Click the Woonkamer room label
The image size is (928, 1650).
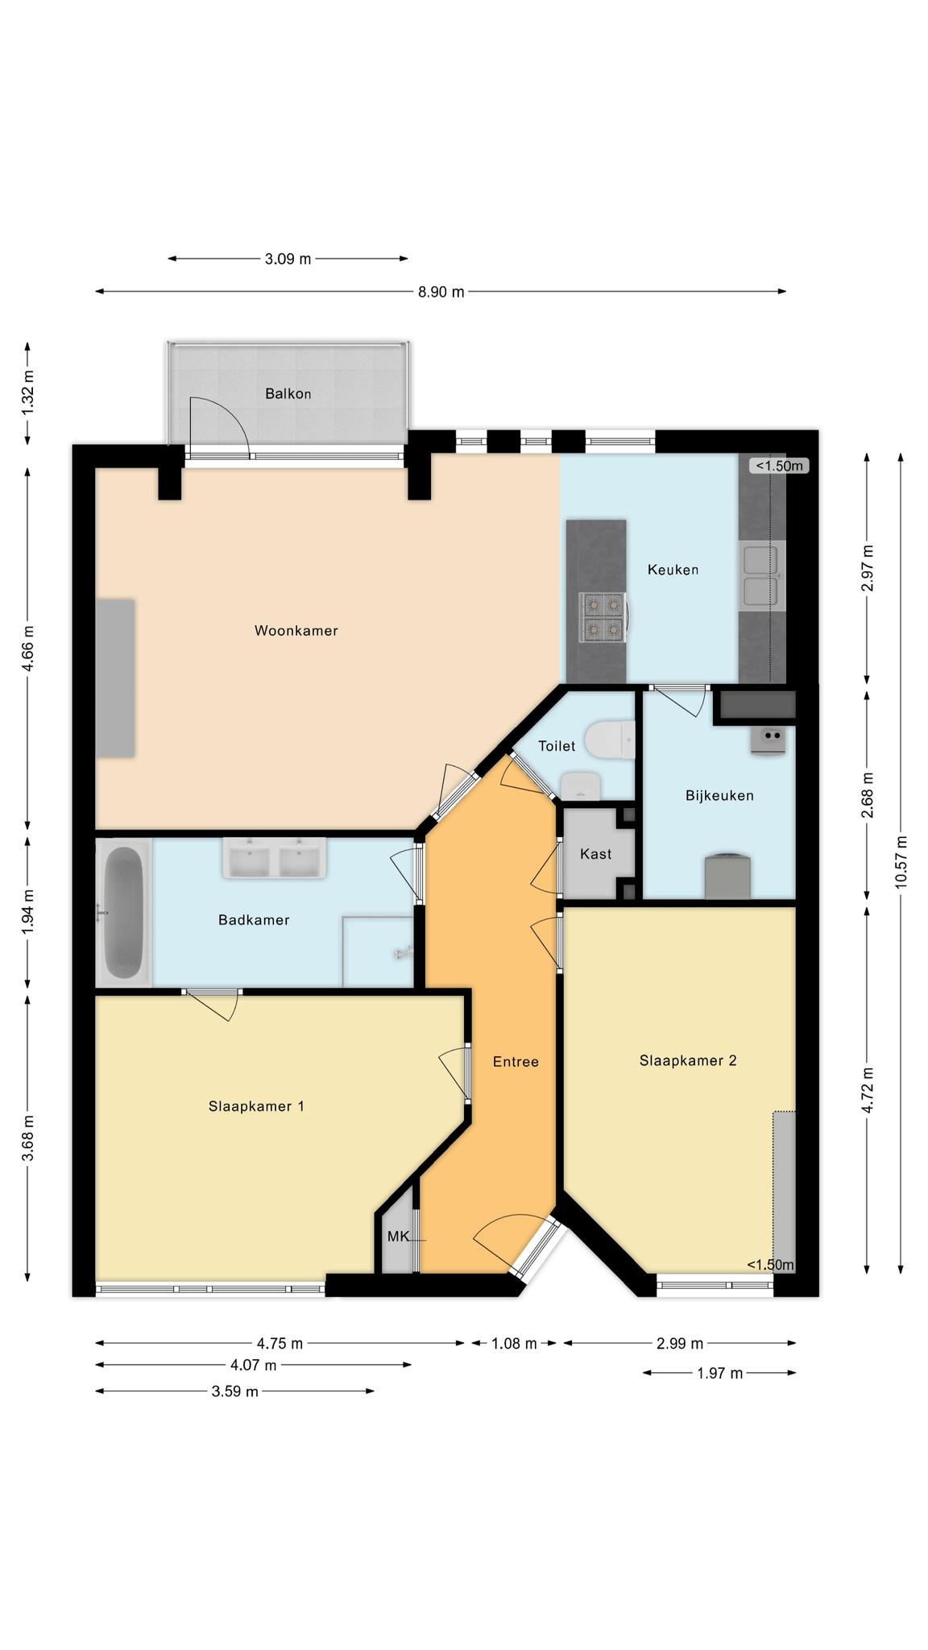(296, 631)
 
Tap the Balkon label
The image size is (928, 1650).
(288, 394)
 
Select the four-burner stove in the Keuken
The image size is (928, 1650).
(604, 618)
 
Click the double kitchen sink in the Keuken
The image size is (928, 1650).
(761, 575)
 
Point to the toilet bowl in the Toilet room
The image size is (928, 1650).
(610, 740)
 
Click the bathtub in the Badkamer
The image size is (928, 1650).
(124, 912)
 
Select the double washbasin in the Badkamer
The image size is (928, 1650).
(275, 857)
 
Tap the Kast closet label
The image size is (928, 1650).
(596, 854)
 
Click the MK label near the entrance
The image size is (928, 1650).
(398, 1236)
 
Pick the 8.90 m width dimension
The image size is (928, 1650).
(441, 292)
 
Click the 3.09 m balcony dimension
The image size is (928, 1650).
(288, 259)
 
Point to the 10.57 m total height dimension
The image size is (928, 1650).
(901, 862)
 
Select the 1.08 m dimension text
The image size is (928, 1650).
(514, 1343)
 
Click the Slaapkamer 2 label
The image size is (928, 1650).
(688, 1060)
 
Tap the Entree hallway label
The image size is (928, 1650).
(516, 1062)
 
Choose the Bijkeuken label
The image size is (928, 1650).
(719, 796)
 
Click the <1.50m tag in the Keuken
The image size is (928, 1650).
(779, 466)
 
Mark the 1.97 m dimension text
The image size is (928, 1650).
(719, 1373)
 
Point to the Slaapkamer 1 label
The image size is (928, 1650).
(256, 1106)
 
